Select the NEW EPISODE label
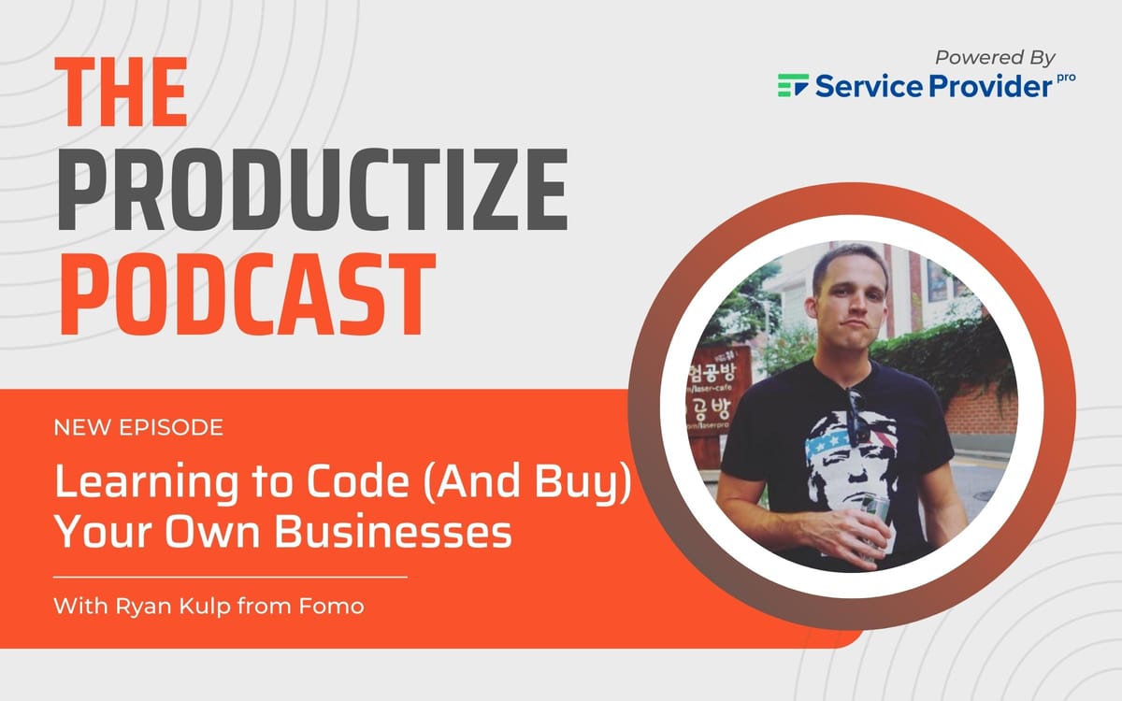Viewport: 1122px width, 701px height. point(138,428)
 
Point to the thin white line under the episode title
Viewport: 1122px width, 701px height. point(230,577)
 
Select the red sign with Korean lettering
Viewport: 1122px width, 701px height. point(720,393)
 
